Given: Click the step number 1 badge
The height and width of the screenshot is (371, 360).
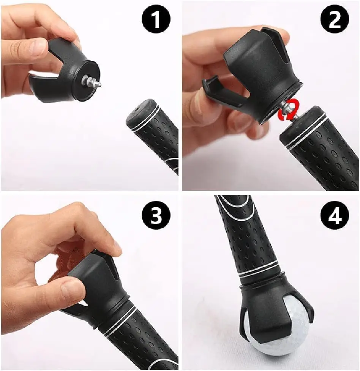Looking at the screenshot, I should [x=156, y=21].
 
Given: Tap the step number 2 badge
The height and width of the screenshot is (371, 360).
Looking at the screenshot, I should [x=334, y=21].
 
